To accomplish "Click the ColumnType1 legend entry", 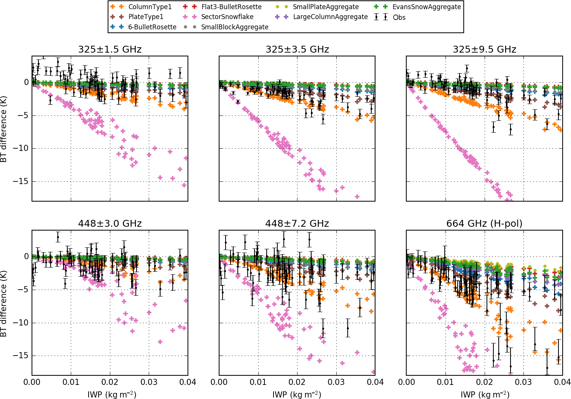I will (150, 7).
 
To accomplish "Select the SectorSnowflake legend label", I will (227, 17).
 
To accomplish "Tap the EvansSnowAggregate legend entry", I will (426, 7).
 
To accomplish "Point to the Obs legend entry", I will (399, 18).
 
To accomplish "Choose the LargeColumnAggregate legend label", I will (330, 17).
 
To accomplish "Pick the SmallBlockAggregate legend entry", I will (234, 27).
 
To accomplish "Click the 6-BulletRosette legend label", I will (152, 27).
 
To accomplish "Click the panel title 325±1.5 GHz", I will (110, 50).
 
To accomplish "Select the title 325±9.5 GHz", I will (484, 50).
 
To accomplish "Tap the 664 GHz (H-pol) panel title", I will (484, 224).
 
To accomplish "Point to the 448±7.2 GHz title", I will (297, 224).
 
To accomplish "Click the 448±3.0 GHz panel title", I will (110, 224).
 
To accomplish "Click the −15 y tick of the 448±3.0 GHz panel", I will (21, 356).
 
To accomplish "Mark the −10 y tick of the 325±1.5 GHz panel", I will (21, 148).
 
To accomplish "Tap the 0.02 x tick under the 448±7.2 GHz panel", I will (297, 382).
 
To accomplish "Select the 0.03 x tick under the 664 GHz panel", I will (523, 382).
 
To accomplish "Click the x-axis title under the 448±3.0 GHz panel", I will (112, 394).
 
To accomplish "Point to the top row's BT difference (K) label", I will (4, 129).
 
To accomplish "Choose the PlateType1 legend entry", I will (146, 17).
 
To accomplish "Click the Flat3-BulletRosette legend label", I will (231, 7).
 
